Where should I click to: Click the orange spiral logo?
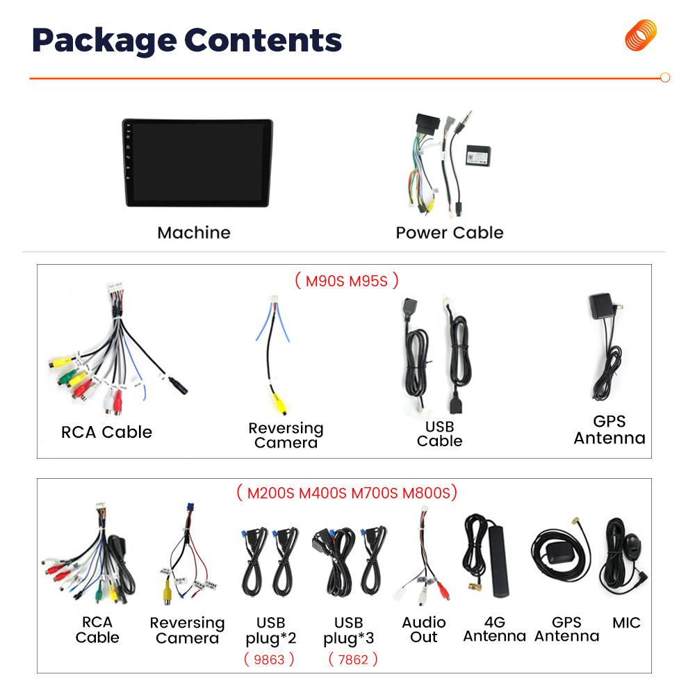tap(640, 35)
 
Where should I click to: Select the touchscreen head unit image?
tap(197, 163)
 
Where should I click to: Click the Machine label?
tap(193, 233)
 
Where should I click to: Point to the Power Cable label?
tap(449, 233)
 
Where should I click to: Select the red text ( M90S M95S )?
tap(345, 281)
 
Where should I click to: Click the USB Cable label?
tap(439, 433)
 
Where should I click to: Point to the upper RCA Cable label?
tap(106, 432)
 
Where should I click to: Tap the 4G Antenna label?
tap(494, 629)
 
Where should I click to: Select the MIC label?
tap(626, 623)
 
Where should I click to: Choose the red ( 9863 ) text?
tap(269, 659)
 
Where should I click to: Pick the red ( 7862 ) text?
tap(352, 659)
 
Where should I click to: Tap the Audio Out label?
tap(424, 629)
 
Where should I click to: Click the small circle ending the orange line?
tap(664, 78)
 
